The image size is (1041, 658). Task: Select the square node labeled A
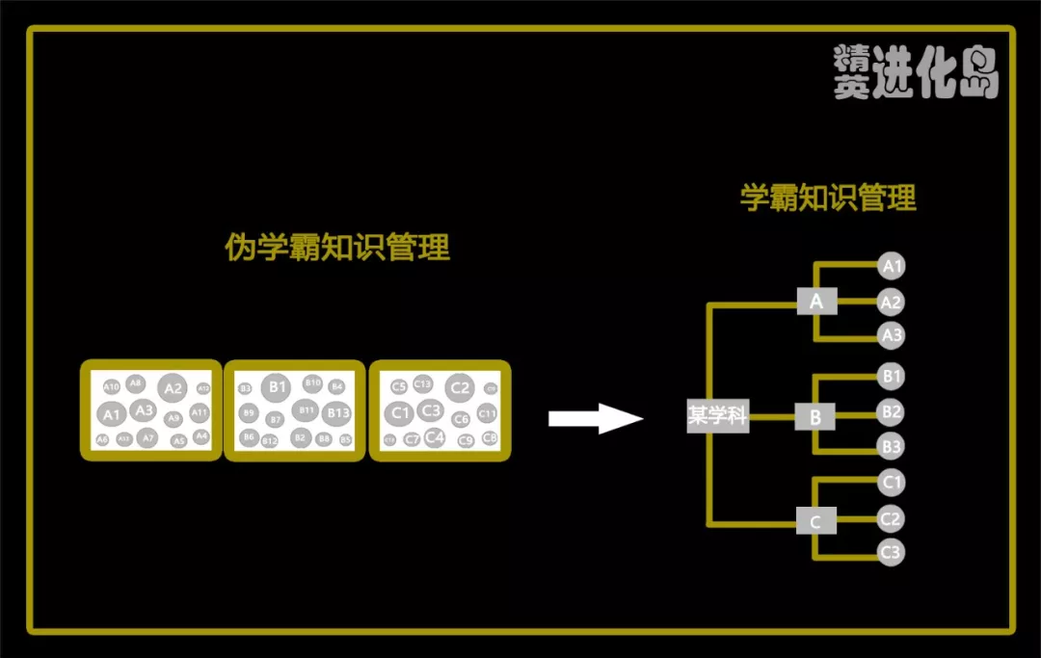tap(816, 302)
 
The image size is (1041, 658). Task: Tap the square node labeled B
tap(815, 417)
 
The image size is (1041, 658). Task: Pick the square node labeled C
tap(815, 522)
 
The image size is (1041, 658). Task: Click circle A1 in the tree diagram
tap(892, 266)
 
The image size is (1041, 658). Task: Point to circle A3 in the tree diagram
tap(892, 335)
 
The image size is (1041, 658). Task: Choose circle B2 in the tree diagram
tap(892, 412)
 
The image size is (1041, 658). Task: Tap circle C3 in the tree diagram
tap(892, 553)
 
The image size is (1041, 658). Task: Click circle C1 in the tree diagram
tap(892, 483)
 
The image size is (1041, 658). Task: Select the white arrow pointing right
tap(594, 418)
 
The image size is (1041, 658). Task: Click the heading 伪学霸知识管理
tap(336, 248)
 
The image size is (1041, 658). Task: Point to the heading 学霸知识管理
tap(828, 197)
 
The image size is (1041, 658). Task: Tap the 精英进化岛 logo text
tap(916, 71)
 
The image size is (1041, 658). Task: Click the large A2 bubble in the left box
tap(173, 389)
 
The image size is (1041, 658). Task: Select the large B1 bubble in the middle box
tap(278, 387)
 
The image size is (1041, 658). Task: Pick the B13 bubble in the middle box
tap(337, 413)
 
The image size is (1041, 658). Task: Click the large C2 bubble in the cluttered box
tap(460, 388)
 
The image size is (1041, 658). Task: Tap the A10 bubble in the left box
tap(112, 386)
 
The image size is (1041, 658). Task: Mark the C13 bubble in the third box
tap(423, 383)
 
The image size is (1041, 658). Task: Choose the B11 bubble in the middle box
tap(307, 410)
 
